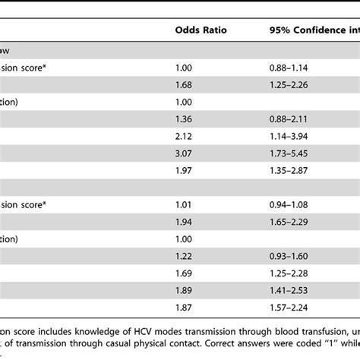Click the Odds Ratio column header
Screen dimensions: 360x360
[200, 31]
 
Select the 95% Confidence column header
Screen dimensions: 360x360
[312, 31]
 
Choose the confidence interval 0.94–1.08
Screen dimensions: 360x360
[290, 205]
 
